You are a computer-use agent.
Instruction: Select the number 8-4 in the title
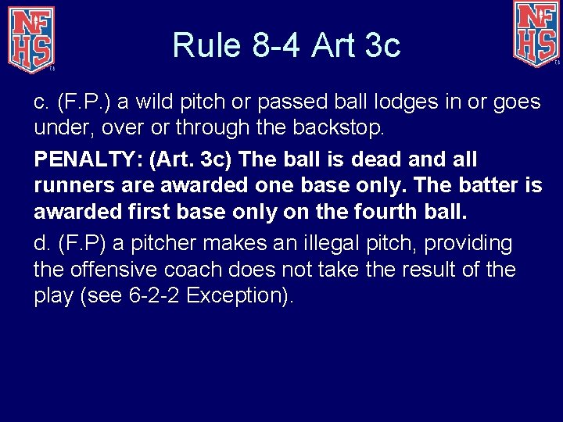pos(278,45)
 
